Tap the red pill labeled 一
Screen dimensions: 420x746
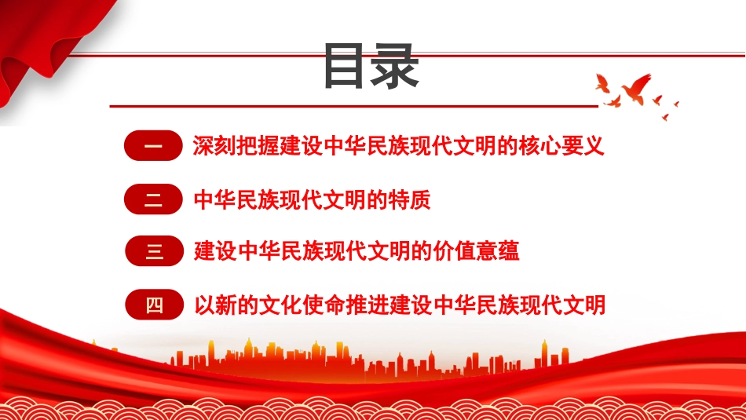coord(154,147)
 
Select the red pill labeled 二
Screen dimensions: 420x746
coord(154,199)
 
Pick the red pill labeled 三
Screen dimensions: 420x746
coord(154,251)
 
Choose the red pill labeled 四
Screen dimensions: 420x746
coord(154,305)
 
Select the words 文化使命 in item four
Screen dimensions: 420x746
coord(296,305)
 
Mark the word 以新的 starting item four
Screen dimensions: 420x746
coord(225,305)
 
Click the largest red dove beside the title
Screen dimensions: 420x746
coord(634,86)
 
